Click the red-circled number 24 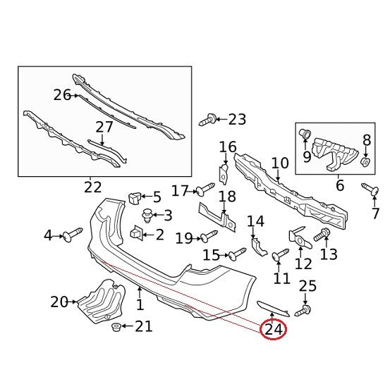pyautogui.click(x=274, y=330)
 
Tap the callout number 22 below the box pyautogui.click(x=92, y=187)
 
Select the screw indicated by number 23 pyautogui.click(x=208, y=120)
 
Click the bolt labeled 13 pyautogui.click(x=322, y=235)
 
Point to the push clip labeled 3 pyautogui.click(x=148, y=216)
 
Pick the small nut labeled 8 pyautogui.click(x=365, y=162)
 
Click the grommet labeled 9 pyautogui.click(x=305, y=135)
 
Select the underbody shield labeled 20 pyautogui.click(x=102, y=301)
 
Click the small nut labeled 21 pyautogui.click(x=116, y=327)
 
